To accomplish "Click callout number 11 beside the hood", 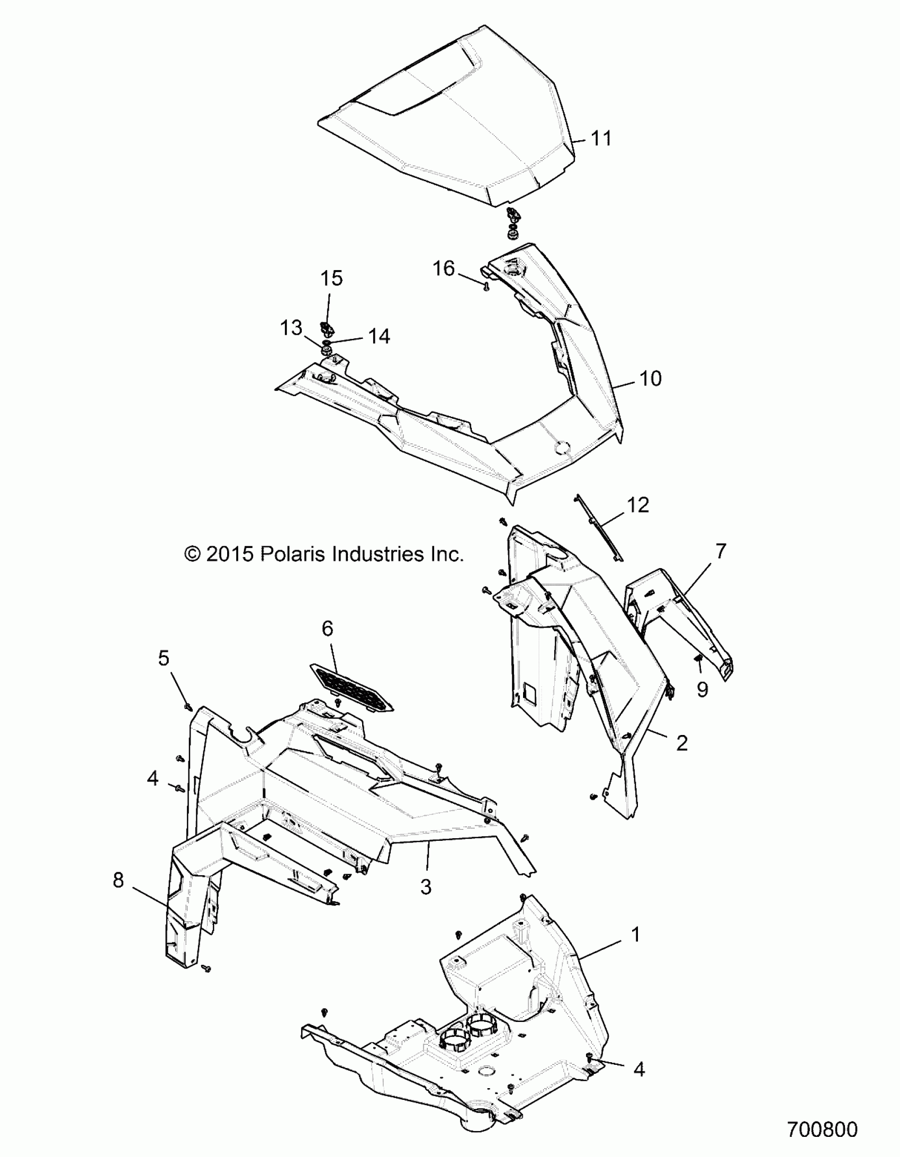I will pos(601,138).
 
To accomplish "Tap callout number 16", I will pos(443,268).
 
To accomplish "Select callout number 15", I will pos(331,279).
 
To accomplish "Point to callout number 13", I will pos(291,328).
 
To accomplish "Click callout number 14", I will pos(379,336).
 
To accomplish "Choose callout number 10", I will pos(651,379).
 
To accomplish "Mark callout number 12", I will pos(638,505).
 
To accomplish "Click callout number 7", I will pos(721,551).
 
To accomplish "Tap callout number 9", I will pos(702,689).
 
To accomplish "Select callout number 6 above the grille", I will pos(327,629).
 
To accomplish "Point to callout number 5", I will pos(164,659).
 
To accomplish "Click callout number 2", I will pos(682,743).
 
